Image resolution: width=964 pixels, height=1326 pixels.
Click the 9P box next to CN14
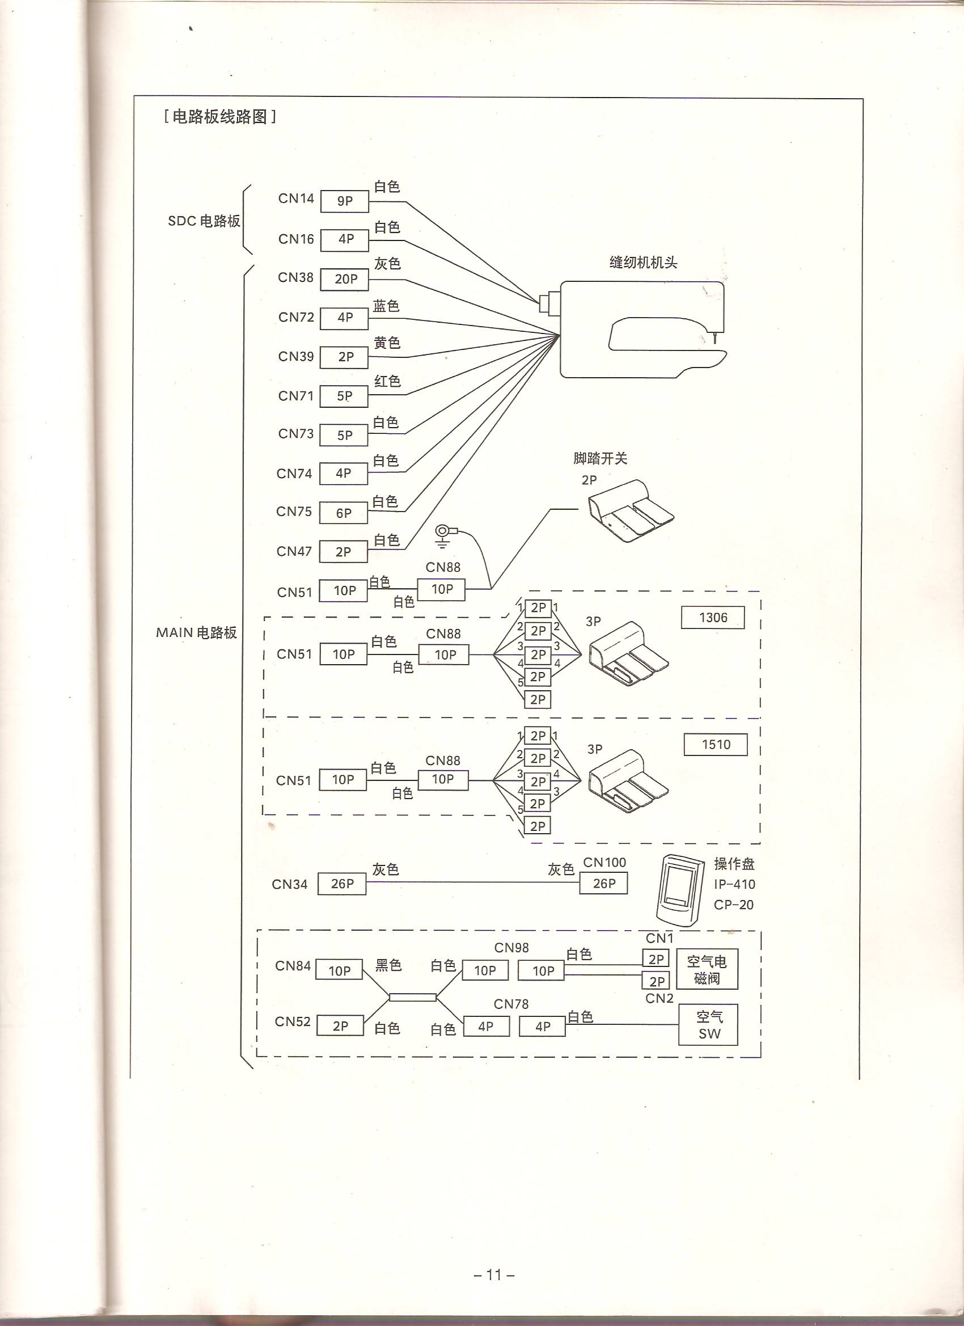[x=344, y=202]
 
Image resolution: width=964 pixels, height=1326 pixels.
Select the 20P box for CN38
[x=344, y=280]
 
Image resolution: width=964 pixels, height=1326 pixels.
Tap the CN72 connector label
[x=297, y=318]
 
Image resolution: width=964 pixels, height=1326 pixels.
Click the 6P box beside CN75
[x=344, y=513]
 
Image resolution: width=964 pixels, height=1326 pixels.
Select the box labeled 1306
[x=713, y=618]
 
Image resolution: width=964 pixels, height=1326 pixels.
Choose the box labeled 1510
[x=716, y=745]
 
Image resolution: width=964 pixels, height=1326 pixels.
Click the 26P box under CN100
[x=603, y=884]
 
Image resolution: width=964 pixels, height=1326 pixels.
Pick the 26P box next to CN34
[x=342, y=884]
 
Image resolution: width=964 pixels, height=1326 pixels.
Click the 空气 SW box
[x=708, y=1025]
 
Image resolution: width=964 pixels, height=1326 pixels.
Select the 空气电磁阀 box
[x=707, y=969]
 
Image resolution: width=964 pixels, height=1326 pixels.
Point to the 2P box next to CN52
[x=340, y=1026]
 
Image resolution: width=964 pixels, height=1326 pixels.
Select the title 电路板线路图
[x=221, y=117]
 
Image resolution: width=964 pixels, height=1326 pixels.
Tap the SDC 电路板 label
[x=204, y=222]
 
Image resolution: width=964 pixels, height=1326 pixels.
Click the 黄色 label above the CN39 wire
[x=387, y=343]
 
